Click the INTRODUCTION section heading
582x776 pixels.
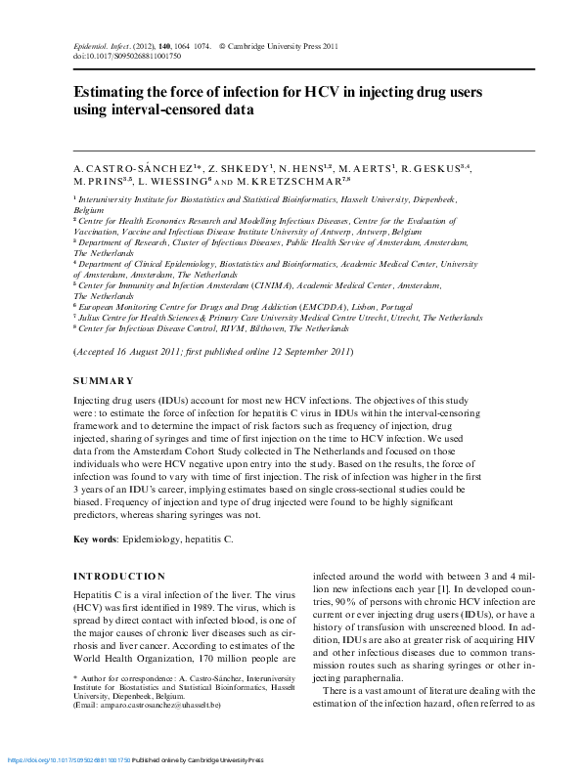tap(120, 576)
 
